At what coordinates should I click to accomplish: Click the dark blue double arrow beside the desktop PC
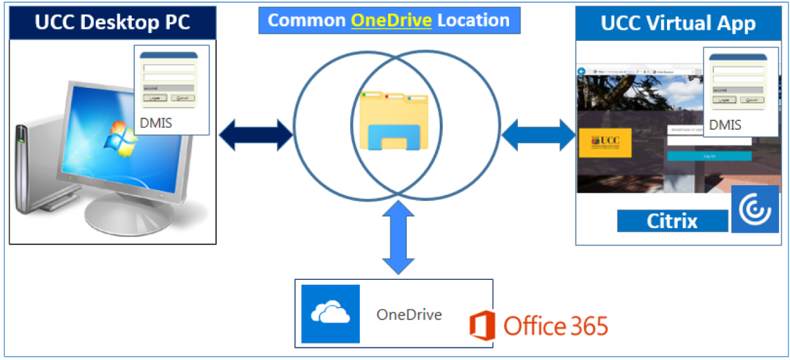pos(256,134)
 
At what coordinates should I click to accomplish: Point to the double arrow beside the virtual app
pos(538,134)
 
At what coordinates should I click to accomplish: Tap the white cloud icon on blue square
pos(330,314)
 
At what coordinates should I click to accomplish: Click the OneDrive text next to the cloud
pos(409,314)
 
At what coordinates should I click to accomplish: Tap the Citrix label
pos(672,221)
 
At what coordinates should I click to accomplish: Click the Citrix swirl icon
pos(754,209)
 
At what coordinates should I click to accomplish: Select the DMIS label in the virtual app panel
pos(725,125)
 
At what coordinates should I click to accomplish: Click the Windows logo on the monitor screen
pos(119,135)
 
